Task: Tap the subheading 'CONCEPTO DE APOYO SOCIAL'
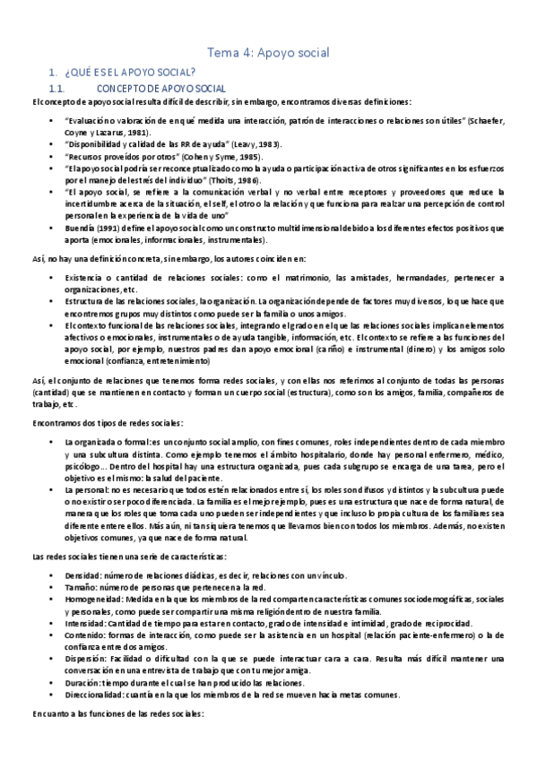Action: click(x=159, y=89)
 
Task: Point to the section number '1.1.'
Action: click(x=56, y=89)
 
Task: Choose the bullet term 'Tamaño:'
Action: click(x=83, y=586)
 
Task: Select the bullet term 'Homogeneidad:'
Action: click(x=97, y=599)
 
